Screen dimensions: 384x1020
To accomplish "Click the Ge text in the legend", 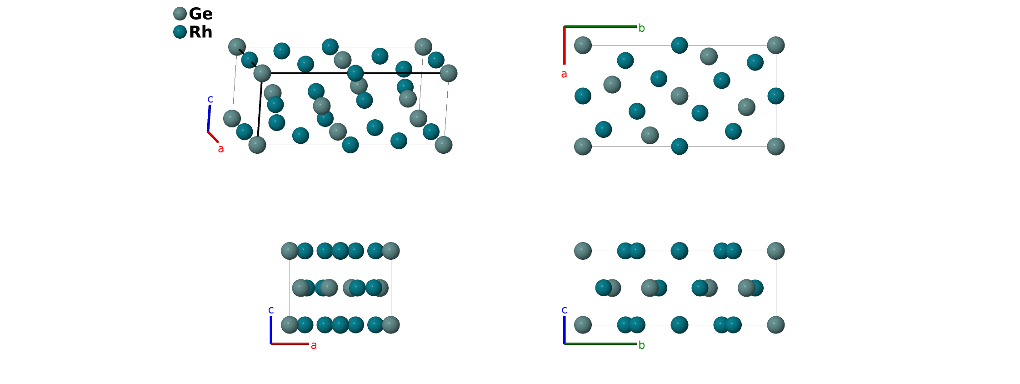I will click(200, 14).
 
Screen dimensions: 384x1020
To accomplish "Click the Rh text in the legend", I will click(200, 32).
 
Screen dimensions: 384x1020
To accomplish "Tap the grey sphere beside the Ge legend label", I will click(180, 14).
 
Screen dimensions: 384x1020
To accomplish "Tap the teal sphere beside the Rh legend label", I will click(180, 32).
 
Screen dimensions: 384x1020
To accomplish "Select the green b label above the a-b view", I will click(641, 28).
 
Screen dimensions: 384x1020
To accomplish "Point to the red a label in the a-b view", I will click(564, 74).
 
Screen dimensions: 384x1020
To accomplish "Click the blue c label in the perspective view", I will click(210, 99).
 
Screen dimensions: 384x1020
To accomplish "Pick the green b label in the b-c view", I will click(641, 345).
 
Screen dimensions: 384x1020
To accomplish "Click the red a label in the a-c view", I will click(314, 346).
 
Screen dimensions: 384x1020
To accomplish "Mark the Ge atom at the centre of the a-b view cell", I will click(679, 96).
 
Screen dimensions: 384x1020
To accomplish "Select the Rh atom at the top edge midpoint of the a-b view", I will click(679, 45).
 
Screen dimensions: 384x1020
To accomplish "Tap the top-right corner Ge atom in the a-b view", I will click(775, 45).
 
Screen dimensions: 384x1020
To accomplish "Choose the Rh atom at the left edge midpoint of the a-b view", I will click(583, 96).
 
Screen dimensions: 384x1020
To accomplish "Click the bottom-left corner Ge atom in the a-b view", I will click(583, 147).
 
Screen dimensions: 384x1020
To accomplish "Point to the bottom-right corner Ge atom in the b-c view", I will click(775, 325).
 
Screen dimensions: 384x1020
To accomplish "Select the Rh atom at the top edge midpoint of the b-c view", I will click(679, 251).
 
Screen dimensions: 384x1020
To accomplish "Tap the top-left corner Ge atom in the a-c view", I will click(290, 251).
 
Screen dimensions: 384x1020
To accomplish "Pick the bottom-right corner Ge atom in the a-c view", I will click(391, 325).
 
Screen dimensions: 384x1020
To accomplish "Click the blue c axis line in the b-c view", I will click(565, 330).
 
